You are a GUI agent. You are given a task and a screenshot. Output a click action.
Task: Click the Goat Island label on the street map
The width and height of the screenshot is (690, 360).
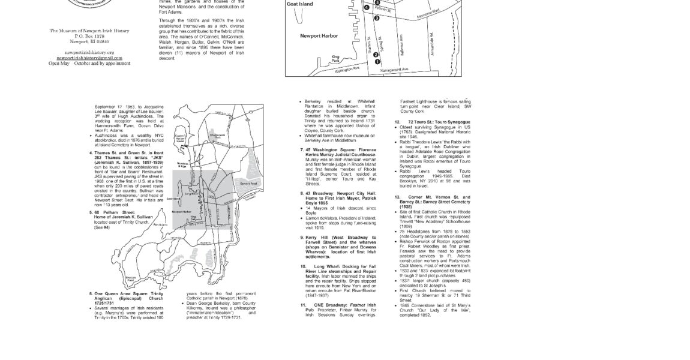299,4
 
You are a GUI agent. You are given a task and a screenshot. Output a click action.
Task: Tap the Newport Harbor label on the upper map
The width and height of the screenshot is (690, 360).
319,36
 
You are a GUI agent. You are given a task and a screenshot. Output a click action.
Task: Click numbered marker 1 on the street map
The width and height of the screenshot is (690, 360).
377,61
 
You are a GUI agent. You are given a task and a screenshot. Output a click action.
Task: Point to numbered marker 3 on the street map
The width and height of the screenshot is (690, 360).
377,18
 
